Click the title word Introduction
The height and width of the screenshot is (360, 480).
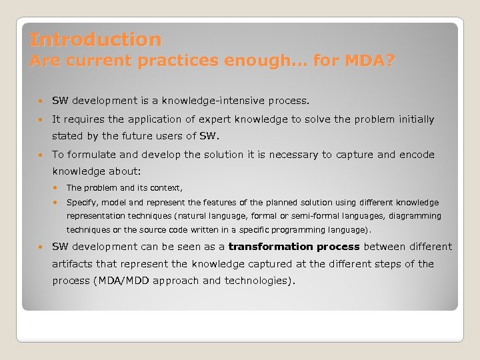95,40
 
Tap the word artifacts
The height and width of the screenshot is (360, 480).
73,264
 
